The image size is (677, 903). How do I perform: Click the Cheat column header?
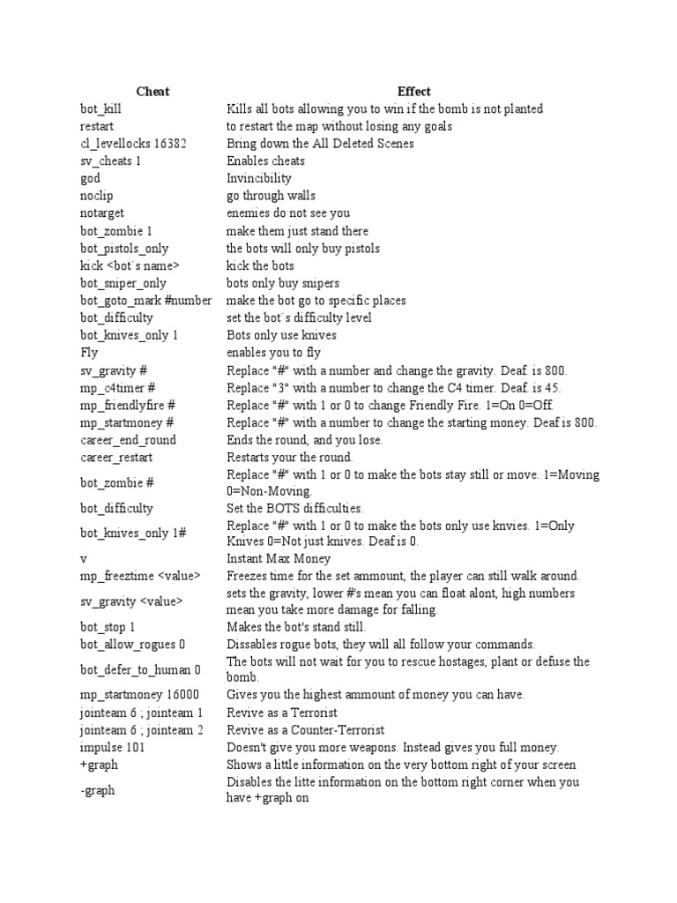[x=153, y=92]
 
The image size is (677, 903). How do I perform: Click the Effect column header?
[x=413, y=92]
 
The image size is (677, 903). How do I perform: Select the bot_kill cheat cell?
[x=100, y=109]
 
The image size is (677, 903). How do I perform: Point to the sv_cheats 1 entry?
[x=110, y=161]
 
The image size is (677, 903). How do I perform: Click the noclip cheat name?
[x=96, y=196]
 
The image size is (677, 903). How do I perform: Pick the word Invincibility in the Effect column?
[x=259, y=178]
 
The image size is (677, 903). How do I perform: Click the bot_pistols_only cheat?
[x=124, y=249]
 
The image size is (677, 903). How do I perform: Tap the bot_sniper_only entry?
[x=123, y=283]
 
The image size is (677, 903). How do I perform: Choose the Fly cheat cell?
[x=89, y=353]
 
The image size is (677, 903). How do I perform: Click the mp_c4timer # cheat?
[x=118, y=388]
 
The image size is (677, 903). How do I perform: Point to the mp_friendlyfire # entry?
[x=128, y=405]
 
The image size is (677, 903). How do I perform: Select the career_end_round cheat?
[x=128, y=440]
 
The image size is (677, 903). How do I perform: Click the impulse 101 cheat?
[x=112, y=747]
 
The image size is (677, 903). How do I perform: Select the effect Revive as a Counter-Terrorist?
[x=305, y=730]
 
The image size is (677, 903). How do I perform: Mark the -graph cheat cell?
[x=98, y=790]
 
